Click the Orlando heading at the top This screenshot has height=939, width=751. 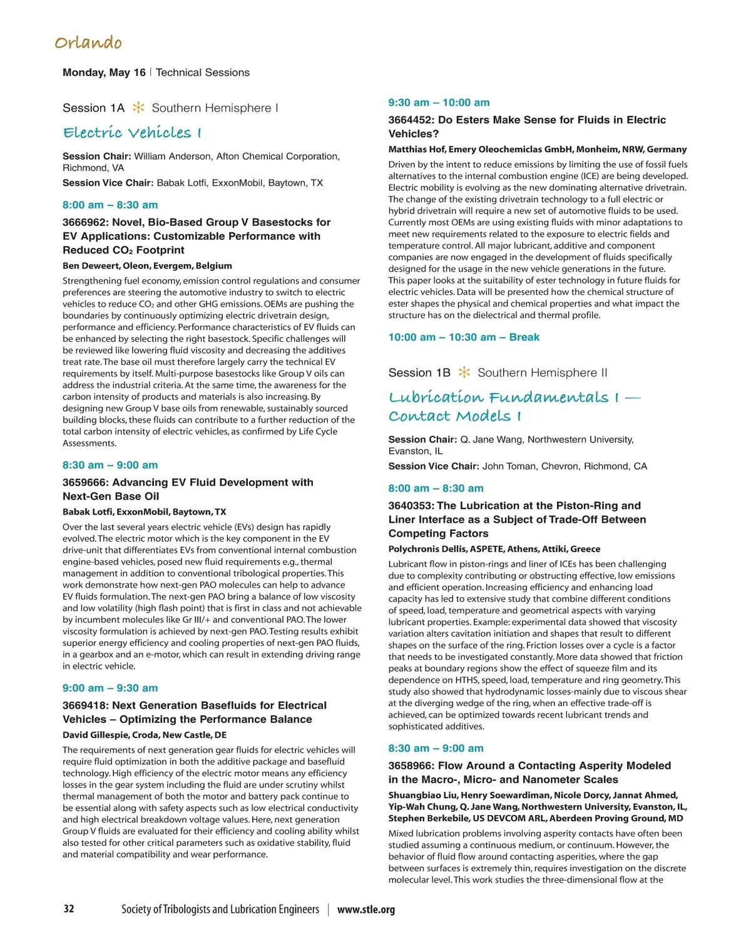[88, 43]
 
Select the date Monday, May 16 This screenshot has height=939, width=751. [104, 73]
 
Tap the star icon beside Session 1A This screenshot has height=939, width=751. [138, 108]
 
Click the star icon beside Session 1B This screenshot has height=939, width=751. [464, 372]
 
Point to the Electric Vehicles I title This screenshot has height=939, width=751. [132, 133]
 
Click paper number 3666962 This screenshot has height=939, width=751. [84, 222]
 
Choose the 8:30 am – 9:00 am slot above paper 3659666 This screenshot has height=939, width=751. [110, 465]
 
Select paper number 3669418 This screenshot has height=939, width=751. [84, 706]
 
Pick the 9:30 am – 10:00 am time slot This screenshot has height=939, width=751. [439, 103]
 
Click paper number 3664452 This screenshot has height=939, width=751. [410, 120]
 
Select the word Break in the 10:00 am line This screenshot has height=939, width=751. [524, 337]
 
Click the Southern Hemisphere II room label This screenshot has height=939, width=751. [542, 372]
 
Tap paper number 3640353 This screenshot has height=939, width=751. [410, 506]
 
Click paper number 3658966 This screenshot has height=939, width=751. [410, 766]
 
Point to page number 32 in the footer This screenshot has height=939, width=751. [69, 909]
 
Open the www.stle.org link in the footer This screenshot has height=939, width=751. [366, 910]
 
